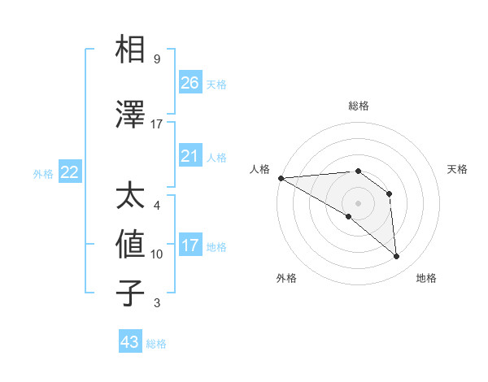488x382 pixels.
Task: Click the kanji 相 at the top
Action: pyautogui.click(x=130, y=50)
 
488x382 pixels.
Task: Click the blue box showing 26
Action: pyautogui.click(x=190, y=83)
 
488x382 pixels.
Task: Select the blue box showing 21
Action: pyautogui.click(x=190, y=156)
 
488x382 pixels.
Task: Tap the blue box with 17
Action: pyautogui.click(x=190, y=245)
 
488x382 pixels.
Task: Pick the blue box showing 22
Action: pyautogui.click(x=69, y=172)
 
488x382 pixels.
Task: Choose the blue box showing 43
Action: pyautogui.click(x=129, y=342)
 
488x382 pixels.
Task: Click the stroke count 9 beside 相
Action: pyautogui.click(x=157, y=59)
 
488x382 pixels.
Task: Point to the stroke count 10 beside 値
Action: pyautogui.click(x=157, y=254)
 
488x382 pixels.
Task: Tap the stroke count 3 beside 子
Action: pyautogui.click(x=157, y=303)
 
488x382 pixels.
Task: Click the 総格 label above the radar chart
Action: pyautogui.click(x=358, y=106)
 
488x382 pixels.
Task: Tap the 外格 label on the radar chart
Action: pyautogui.click(x=286, y=278)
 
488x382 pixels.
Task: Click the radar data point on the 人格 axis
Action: pyautogui.click(x=281, y=178)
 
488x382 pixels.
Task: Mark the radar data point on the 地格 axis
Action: pyautogui.click(x=396, y=256)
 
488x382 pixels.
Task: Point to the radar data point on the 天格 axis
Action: pyautogui.click(x=390, y=193)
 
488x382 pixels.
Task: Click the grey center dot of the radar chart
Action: pyautogui.click(x=358, y=202)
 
